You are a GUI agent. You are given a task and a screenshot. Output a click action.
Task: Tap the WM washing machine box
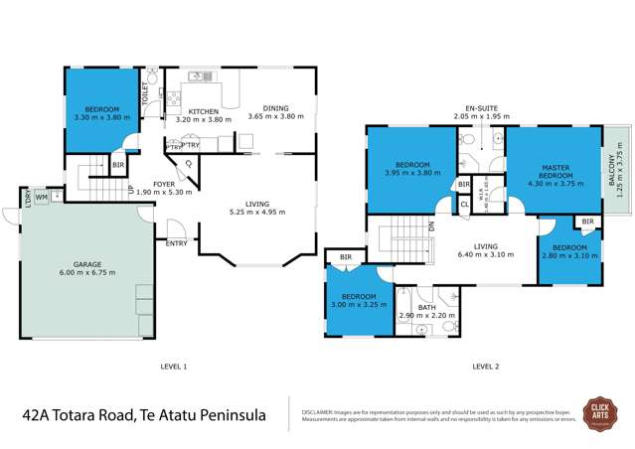click(x=41, y=197)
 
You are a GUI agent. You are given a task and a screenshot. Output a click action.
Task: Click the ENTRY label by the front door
click(x=178, y=242)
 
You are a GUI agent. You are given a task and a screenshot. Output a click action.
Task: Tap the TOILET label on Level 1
click(x=146, y=94)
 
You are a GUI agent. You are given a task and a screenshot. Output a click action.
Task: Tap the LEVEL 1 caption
click(x=173, y=367)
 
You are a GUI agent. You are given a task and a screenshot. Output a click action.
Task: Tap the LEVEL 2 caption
click(x=486, y=367)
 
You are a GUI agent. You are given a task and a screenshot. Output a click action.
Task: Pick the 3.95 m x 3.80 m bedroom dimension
click(x=411, y=172)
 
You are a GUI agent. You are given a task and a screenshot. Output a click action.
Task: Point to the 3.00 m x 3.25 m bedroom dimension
click(x=354, y=305)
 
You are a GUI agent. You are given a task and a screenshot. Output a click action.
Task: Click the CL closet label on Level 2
click(x=464, y=204)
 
